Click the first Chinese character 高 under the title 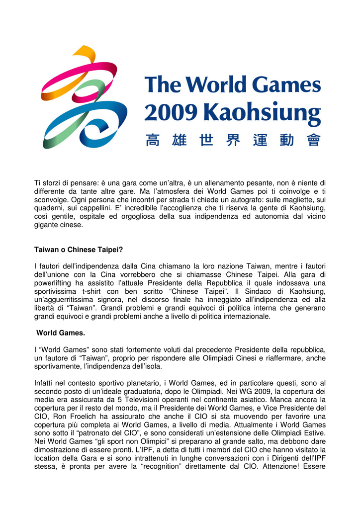point(153,140)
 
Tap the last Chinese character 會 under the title point(313,140)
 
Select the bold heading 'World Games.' point(55,333)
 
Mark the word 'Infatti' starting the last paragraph point(45,383)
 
